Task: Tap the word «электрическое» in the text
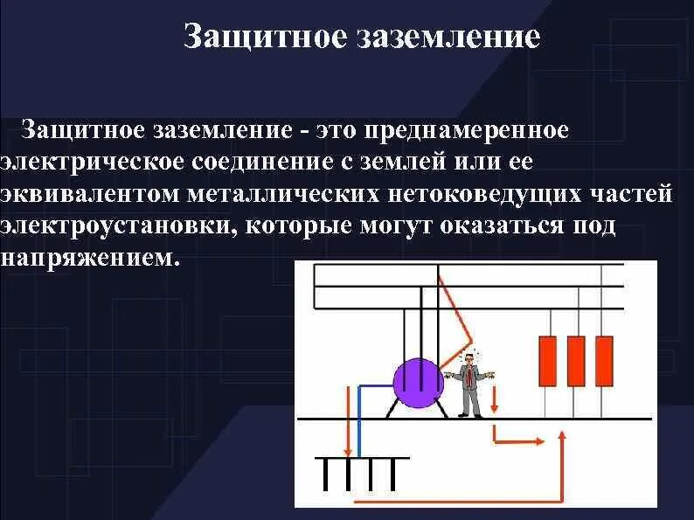92,162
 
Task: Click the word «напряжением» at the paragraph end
83,257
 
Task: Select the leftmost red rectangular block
548,362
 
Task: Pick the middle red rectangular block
576,362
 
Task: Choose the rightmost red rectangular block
605,362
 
